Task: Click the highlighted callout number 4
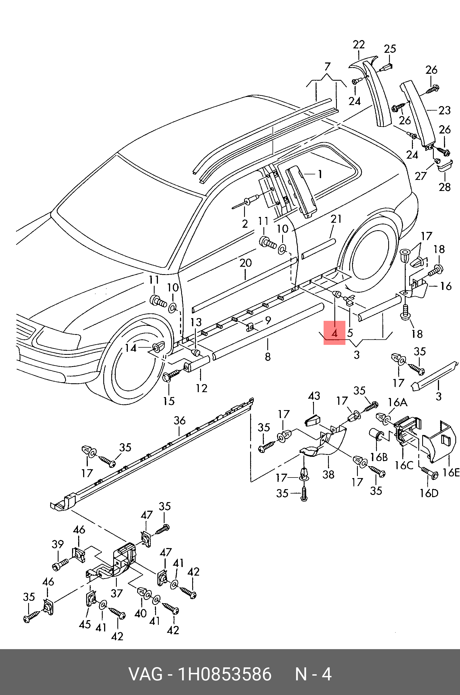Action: point(334,333)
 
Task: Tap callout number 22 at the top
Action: point(358,45)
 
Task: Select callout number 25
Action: point(390,49)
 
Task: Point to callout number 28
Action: point(445,187)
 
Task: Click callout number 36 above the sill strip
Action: point(179,421)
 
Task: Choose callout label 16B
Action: point(379,457)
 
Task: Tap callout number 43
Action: point(314,396)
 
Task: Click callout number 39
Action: point(57,544)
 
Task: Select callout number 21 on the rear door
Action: point(336,219)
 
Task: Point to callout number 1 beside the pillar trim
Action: point(320,174)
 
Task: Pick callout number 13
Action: point(196,322)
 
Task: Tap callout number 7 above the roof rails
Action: point(327,67)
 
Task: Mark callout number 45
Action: point(85,624)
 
